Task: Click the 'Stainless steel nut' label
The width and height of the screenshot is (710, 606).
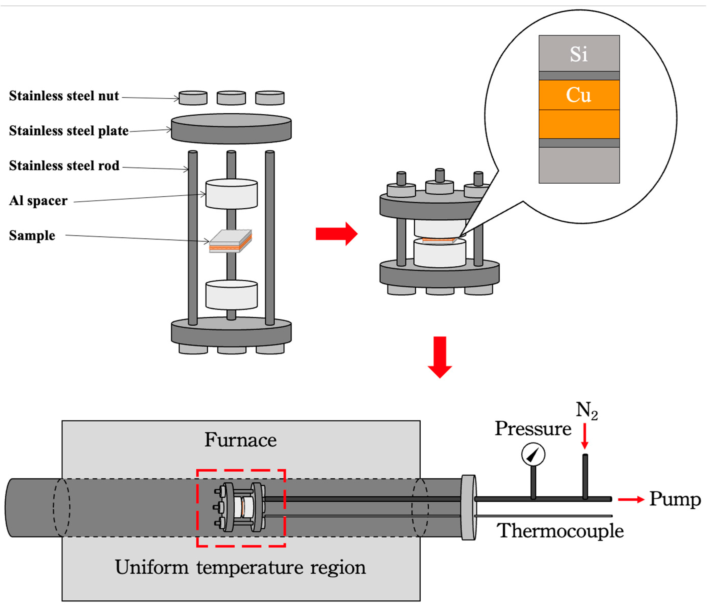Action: [x=64, y=96]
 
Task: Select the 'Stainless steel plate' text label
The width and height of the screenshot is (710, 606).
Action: [x=68, y=131]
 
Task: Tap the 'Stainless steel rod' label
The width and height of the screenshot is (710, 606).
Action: [x=64, y=166]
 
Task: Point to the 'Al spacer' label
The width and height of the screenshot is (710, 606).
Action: [x=38, y=201]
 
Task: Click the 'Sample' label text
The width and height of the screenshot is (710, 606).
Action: [x=32, y=236]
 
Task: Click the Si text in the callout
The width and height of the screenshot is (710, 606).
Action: [x=578, y=54]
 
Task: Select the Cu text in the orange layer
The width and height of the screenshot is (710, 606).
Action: [x=578, y=95]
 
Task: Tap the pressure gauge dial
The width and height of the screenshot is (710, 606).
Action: [x=533, y=455]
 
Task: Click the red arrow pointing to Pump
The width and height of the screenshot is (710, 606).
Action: [x=631, y=500]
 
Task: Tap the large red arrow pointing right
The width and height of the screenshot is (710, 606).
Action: [x=336, y=234]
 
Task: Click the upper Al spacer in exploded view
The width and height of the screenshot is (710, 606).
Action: [x=231, y=194]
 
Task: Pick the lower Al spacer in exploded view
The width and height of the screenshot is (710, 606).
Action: [x=231, y=295]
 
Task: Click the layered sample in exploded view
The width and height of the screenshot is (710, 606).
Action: [x=230, y=241]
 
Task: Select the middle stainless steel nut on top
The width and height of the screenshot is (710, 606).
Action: [x=231, y=98]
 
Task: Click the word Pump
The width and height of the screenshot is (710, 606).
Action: [x=675, y=500]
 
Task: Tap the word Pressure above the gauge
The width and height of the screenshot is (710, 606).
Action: [x=533, y=429]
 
